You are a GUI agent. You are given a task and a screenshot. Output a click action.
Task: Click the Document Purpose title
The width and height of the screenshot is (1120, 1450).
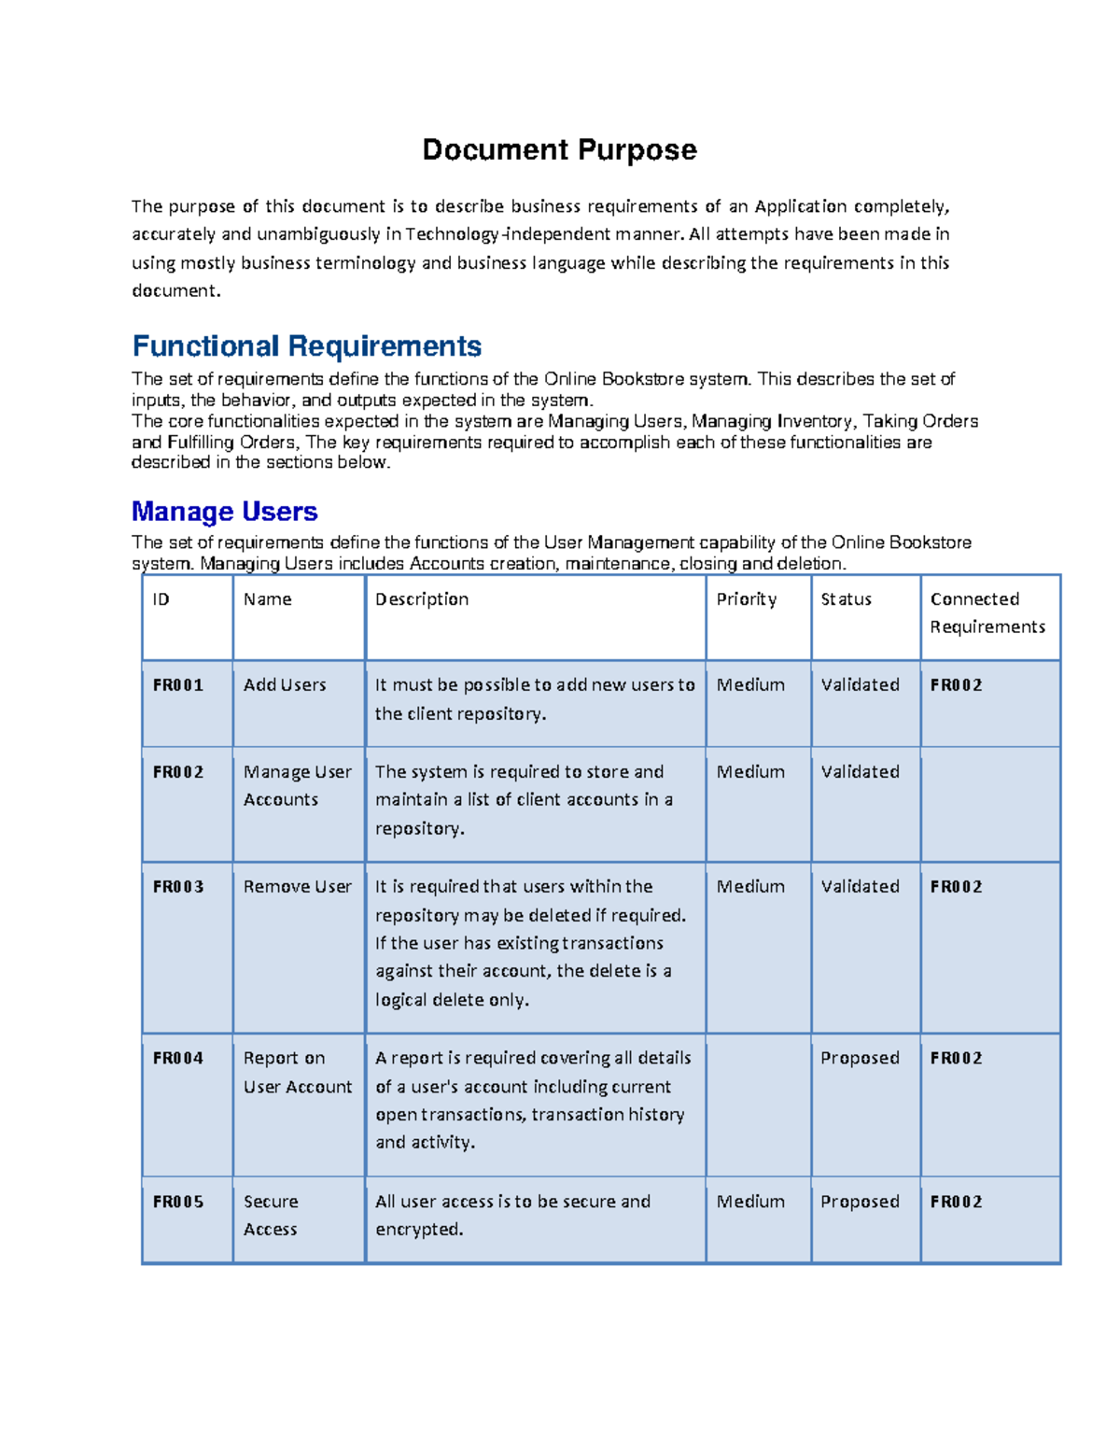coord(559,149)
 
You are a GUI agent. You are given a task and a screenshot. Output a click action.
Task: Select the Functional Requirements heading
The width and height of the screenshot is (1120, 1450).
coord(307,346)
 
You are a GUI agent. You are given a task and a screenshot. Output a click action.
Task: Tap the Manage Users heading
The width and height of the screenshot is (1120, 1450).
coord(225,512)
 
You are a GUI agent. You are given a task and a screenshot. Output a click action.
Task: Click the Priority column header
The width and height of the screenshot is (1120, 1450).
coord(746,599)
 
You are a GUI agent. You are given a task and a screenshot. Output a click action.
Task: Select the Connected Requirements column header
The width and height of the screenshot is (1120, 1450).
coord(987,612)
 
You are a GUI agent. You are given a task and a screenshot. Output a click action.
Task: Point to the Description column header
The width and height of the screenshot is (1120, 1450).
coord(422,599)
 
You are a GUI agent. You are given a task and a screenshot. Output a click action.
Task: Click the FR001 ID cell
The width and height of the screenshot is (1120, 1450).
coord(178,685)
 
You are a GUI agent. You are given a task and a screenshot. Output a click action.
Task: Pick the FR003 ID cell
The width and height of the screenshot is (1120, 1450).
coord(178,887)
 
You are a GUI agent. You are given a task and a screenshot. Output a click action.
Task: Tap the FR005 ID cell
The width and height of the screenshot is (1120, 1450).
coord(178,1202)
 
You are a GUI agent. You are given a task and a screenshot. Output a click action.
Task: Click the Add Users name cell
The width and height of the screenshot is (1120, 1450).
coord(285,685)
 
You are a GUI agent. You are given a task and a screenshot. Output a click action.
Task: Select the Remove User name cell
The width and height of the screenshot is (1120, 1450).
coord(297,887)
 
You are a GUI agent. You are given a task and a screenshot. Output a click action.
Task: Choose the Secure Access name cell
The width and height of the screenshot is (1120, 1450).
coord(271,1216)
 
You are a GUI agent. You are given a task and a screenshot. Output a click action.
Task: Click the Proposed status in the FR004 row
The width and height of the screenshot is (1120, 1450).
coord(860,1058)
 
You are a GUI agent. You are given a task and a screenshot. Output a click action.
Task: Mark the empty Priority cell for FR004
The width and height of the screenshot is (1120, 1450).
coord(758,1104)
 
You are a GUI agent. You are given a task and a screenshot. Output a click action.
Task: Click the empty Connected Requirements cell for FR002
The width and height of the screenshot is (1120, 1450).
coord(989,803)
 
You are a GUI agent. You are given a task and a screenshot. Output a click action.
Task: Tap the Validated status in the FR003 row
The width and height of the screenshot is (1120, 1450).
coord(860,887)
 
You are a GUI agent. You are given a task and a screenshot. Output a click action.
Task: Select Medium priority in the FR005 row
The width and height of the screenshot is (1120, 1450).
coord(750,1202)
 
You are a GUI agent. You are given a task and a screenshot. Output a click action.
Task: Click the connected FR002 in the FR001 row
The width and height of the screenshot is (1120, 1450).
coord(956,685)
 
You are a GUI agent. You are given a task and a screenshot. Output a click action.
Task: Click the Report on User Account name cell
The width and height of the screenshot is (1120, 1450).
coord(297,1072)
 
